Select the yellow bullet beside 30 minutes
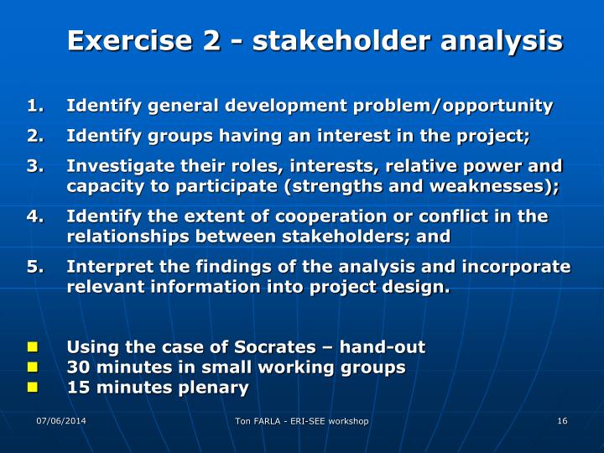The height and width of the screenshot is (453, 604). (x=33, y=367)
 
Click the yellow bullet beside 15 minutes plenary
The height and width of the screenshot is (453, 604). (x=33, y=388)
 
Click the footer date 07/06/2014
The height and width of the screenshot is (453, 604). (x=61, y=419)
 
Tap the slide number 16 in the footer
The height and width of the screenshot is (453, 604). (x=562, y=420)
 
